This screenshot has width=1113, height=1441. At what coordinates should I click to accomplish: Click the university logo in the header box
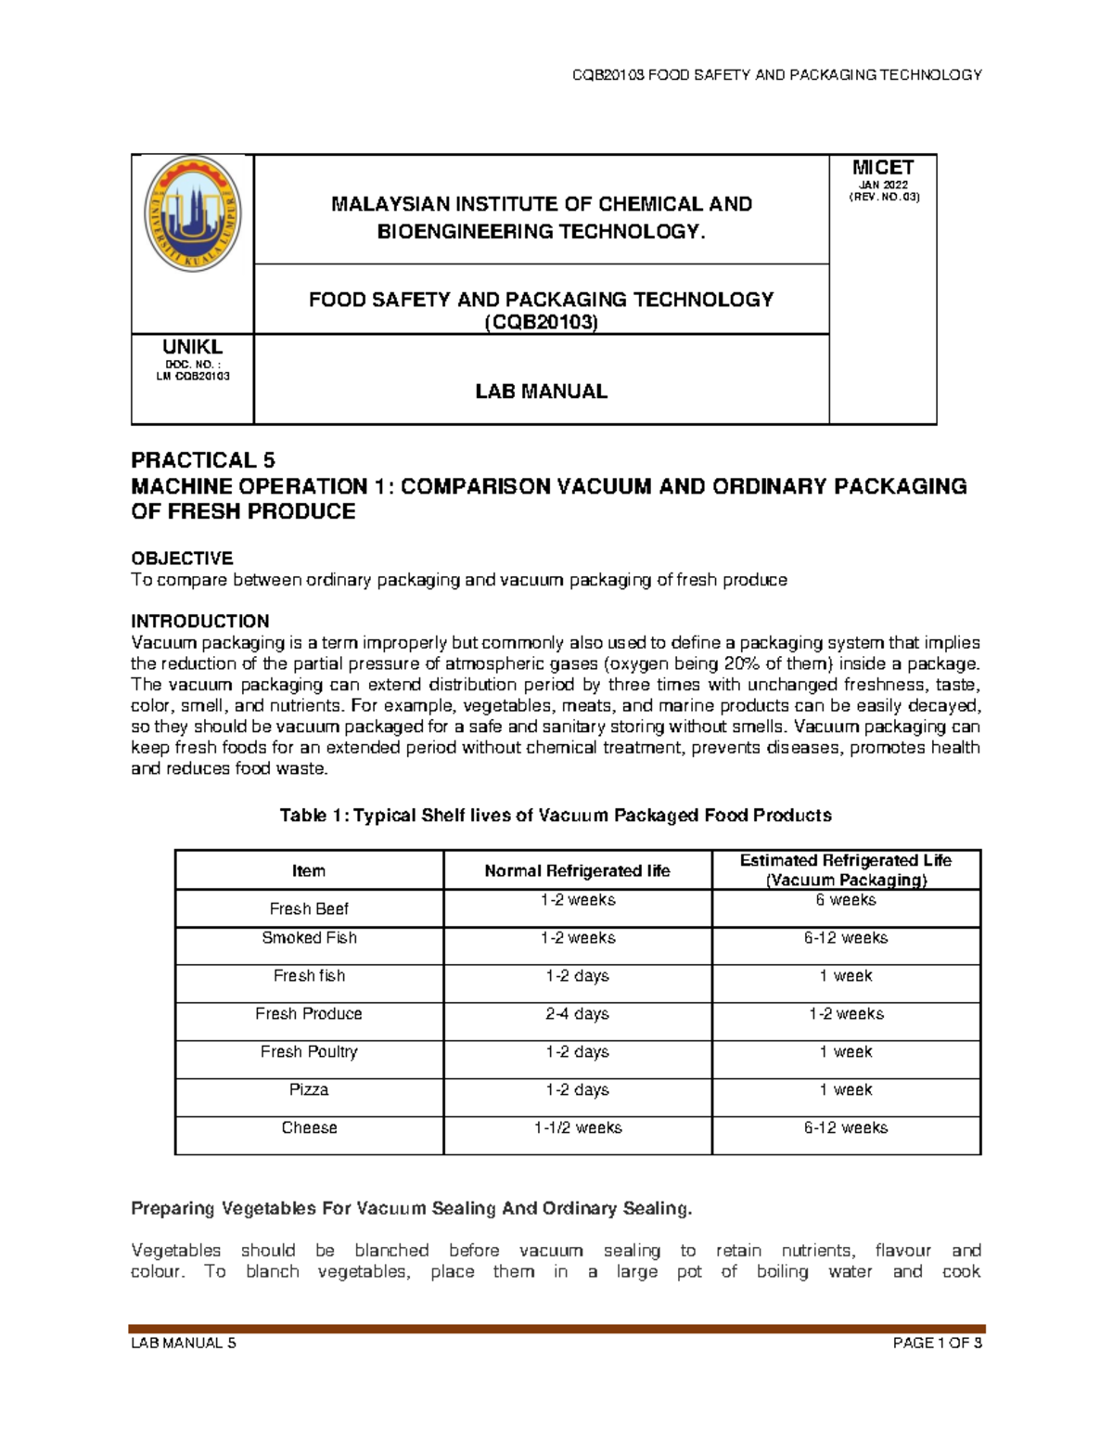point(193,213)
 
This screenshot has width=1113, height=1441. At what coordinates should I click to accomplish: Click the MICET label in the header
point(883,168)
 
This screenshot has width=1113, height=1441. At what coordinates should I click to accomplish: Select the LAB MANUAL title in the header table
point(541,392)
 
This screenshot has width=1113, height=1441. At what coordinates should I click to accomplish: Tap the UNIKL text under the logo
point(193,347)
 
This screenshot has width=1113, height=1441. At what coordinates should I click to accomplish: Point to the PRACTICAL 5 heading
point(203,460)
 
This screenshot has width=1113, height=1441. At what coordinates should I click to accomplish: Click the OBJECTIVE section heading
point(182,559)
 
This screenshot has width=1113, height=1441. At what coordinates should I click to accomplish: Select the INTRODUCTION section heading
point(200,622)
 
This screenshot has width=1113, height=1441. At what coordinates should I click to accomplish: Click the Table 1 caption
point(556,816)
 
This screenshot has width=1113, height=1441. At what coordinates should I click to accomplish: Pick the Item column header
point(309,871)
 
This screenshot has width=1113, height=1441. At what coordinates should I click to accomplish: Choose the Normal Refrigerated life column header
point(577,871)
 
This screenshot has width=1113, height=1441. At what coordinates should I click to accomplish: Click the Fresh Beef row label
point(309,909)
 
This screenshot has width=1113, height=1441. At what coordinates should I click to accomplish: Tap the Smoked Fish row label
point(309,938)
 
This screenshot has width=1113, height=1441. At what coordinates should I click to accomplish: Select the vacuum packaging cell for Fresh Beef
point(846,900)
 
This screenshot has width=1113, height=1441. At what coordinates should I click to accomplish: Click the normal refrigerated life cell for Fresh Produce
point(577,1014)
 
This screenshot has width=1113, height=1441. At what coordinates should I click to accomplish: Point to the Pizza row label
point(309,1090)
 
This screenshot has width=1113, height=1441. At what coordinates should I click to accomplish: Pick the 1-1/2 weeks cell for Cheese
point(577,1128)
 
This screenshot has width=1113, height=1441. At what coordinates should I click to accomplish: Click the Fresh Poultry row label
point(309,1052)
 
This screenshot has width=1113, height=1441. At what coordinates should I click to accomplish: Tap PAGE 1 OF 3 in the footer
point(937,1343)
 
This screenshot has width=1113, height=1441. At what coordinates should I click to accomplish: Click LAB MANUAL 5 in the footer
point(184,1343)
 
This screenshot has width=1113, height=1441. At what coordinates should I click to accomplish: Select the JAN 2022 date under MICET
point(883,185)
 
